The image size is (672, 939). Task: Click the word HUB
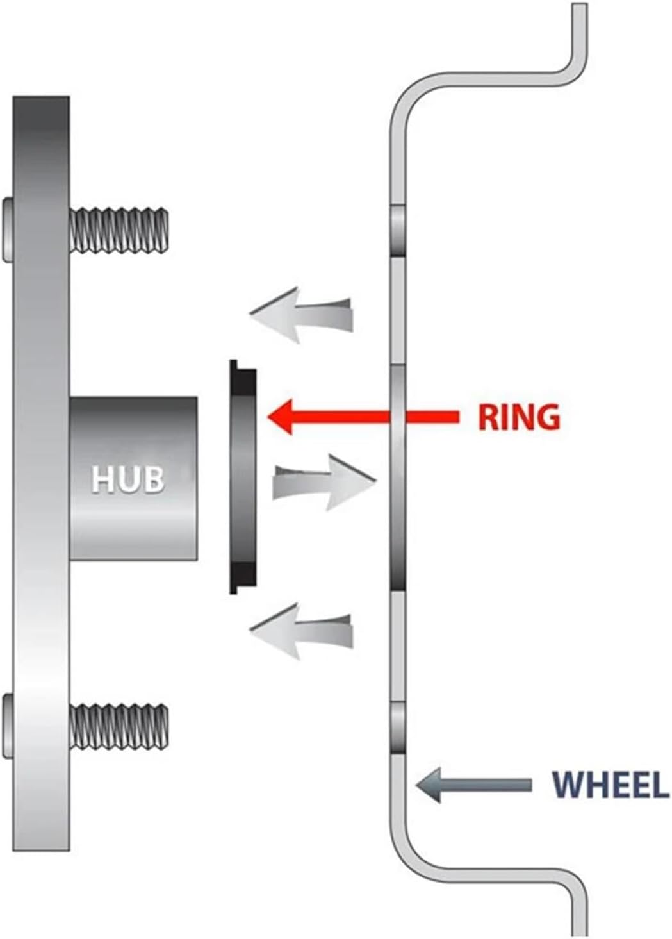tap(128, 479)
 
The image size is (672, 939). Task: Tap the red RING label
tap(519, 417)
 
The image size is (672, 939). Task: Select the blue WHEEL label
tap(610, 785)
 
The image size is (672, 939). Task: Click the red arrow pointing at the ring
tap(359, 417)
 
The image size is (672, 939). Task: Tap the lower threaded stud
tap(120, 727)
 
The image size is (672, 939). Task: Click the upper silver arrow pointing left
tap(301, 313)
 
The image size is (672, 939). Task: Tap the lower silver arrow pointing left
tap(301, 631)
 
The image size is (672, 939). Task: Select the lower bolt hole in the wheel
tap(398, 727)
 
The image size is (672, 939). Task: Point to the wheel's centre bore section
tap(398, 478)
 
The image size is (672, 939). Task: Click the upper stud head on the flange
tap(8, 230)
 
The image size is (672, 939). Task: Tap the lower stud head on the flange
tap(8, 726)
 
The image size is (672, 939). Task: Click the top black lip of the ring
tap(243, 378)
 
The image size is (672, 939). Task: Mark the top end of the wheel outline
tap(579, 10)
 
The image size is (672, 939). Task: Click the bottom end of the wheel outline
tap(579, 929)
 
